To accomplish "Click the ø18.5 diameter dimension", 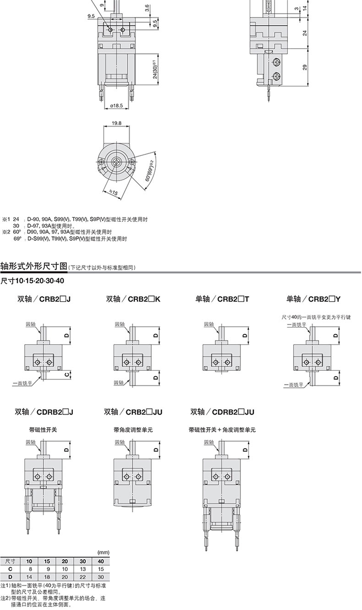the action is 116,105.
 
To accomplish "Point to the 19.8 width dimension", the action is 116,123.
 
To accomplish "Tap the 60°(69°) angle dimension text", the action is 149,171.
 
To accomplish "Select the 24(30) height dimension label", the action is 155,70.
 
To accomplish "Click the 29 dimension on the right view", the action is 305,67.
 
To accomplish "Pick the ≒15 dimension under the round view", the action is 114,192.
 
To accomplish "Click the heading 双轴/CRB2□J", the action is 44,299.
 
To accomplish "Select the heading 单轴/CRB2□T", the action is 222,299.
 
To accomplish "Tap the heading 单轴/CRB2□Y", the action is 313,299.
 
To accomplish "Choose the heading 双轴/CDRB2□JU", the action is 222,412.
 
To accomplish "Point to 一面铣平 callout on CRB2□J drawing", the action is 22,384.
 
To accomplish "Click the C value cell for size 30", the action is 83,569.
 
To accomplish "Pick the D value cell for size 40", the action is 101,577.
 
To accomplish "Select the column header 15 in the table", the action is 47,561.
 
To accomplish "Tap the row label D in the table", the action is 11,577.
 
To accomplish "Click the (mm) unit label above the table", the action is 104,552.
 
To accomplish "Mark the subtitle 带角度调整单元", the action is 133,430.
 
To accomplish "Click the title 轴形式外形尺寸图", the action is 34,266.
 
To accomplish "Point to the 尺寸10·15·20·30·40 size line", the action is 32,280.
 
